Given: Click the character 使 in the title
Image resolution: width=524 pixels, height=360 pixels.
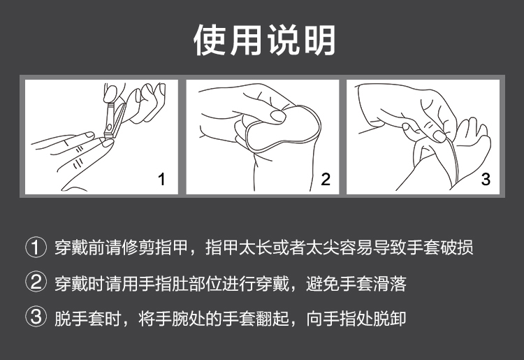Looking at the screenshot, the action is [210, 40].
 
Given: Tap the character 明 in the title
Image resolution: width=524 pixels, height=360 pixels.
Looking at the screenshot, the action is [320, 40].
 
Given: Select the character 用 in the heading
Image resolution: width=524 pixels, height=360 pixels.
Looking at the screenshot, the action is [247, 40].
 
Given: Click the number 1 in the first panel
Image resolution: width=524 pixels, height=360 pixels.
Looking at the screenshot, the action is [162, 179].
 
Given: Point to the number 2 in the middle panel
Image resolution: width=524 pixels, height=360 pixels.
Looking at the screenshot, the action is [326, 179].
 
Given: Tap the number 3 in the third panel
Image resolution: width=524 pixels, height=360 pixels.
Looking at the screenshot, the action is [486, 179].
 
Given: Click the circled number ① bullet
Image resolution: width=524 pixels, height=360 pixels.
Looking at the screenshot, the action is [36, 247].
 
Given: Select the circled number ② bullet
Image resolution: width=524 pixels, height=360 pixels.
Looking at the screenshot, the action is [36, 282].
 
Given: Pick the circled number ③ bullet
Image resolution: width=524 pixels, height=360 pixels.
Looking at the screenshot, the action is [36, 317].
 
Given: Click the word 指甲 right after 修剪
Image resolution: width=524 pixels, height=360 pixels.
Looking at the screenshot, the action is [172, 247].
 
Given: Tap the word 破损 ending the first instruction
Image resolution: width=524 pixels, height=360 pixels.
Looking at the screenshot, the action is [456, 247].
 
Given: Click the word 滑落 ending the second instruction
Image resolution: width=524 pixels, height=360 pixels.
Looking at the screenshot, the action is [390, 284].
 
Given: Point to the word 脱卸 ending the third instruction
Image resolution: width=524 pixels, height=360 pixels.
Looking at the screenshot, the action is [390, 319].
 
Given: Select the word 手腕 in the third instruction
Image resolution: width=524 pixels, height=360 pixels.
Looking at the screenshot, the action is [172, 319].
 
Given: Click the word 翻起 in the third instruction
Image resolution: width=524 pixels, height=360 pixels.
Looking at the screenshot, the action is [272, 319].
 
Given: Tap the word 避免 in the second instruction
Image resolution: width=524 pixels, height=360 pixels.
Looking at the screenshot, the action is [323, 284].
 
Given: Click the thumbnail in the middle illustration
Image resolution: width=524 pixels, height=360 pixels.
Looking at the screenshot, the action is [278, 116].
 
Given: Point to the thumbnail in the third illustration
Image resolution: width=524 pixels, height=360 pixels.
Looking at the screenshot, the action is [439, 136].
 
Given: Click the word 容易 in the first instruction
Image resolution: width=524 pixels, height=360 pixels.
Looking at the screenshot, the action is [356, 247].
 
